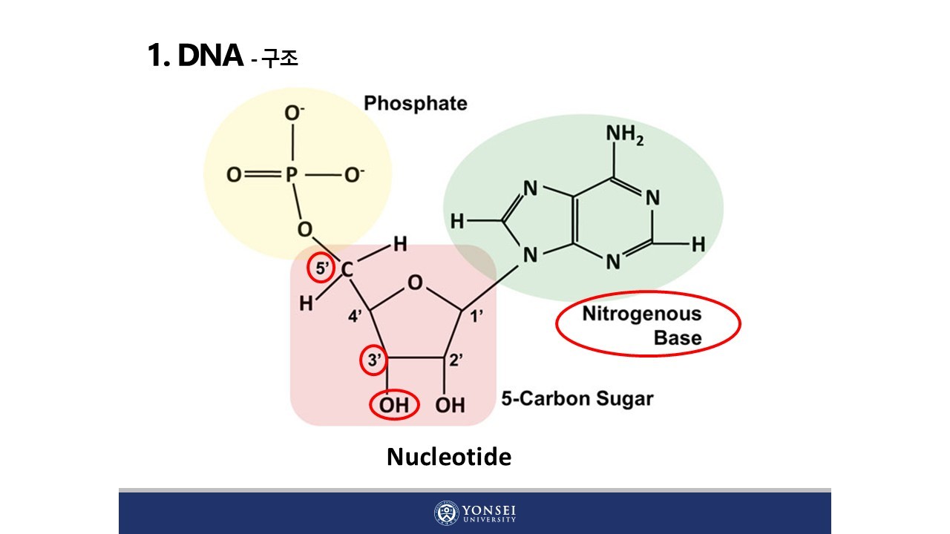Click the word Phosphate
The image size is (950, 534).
[415, 103]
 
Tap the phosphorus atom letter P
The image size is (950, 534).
[291, 175]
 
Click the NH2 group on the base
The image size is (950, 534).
[624, 135]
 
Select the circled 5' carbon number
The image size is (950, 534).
[322, 269]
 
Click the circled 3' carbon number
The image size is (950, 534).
[374, 361]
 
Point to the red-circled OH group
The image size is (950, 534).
[394, 406]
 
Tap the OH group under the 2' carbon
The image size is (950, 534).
[450, 406]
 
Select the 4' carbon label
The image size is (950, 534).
[356, 316]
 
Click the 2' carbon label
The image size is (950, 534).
[456, 361]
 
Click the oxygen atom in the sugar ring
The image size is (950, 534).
[415, 282]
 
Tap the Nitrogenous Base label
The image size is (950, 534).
[643, 325]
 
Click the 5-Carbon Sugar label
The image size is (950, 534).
[577, 399]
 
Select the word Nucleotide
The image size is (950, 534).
[448, 457]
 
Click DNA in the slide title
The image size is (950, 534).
[210, 56]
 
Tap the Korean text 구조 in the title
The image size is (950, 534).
[280, 59]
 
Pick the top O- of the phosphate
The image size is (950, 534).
[295, 113]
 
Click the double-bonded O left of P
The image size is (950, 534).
[234, 175]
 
